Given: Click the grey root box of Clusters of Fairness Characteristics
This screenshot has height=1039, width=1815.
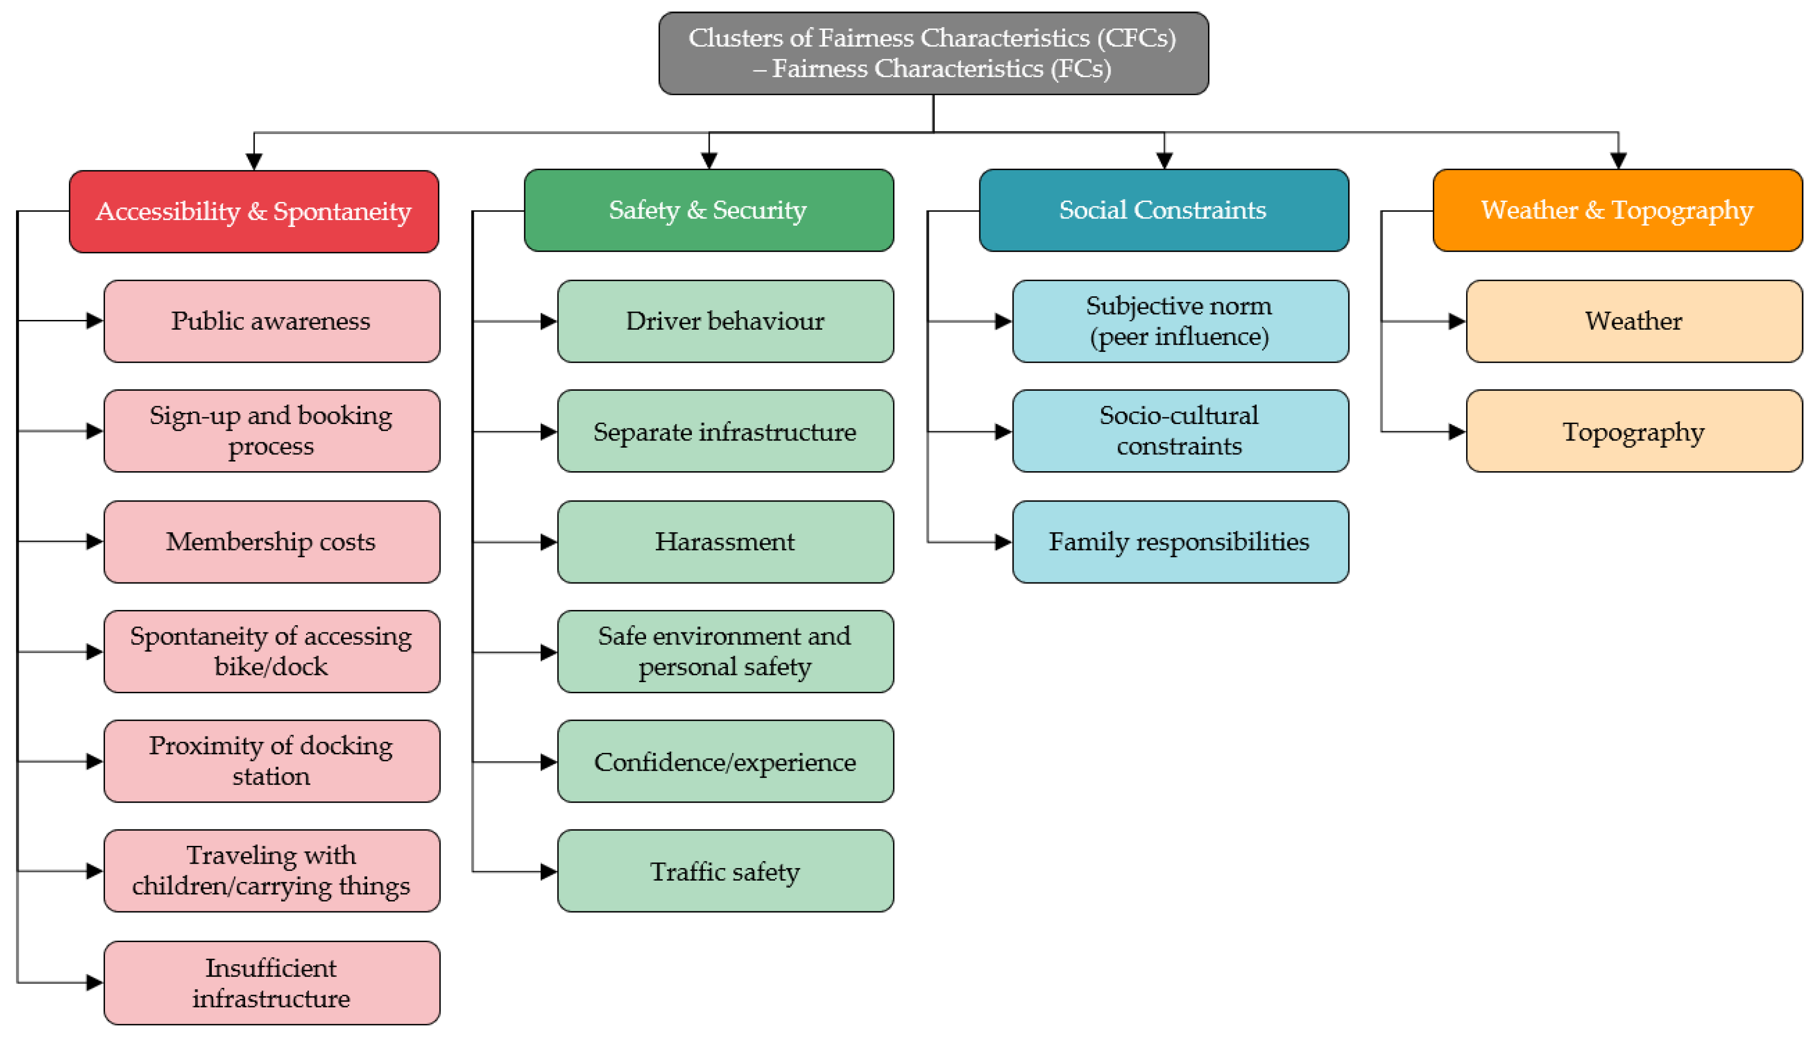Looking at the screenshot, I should (933, 53).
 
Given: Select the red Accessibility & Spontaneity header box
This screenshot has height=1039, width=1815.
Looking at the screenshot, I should (254, 211).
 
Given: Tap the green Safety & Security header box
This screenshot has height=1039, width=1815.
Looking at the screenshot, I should (708, 210).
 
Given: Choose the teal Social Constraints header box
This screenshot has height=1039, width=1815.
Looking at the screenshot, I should (1163, 210).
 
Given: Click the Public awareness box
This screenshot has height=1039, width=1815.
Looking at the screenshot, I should (271, 321).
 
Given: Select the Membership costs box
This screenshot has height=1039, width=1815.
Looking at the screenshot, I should (271, 542).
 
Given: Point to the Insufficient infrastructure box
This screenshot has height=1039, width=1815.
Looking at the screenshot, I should (271, 982).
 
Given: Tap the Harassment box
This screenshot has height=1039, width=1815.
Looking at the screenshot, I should (725, 542).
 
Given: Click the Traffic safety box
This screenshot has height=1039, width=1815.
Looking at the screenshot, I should (725, 871).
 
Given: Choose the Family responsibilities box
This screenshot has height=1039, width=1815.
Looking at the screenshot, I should (1179, 542).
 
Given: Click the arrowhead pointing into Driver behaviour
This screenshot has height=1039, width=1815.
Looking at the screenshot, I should (548, 322).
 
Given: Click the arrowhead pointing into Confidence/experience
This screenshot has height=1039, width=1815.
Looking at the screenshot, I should (548, 762).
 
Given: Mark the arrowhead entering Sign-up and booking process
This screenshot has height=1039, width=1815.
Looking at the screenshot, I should (94, 431).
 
